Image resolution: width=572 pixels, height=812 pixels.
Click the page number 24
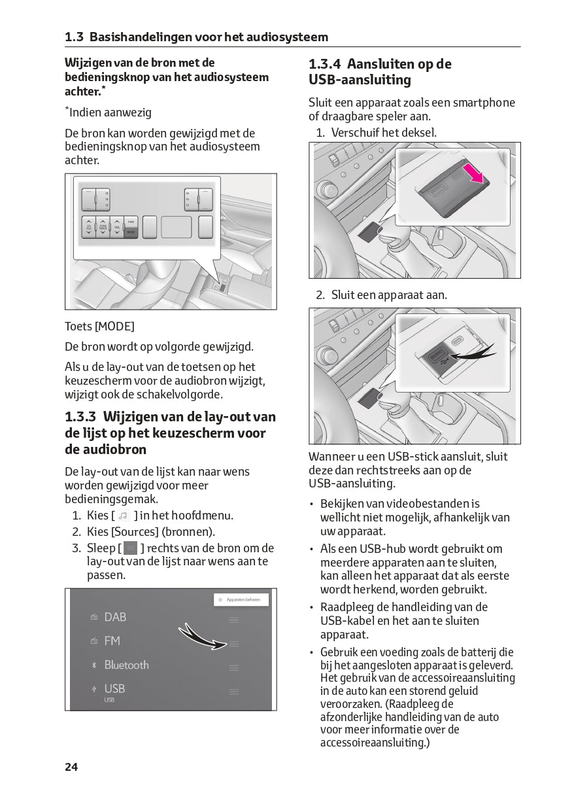[71, 766]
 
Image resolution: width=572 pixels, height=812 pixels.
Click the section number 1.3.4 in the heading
[325, 64]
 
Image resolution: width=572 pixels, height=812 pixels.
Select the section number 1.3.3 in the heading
[81, 417]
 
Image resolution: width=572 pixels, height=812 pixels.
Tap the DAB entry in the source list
[115, 617]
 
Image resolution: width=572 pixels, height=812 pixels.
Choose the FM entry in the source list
[112, 641]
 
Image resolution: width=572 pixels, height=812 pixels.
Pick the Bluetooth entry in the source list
[126, 665]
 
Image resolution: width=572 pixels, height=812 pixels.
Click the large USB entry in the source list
[114, 688]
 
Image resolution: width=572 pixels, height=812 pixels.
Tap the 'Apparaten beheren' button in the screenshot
[241, 599]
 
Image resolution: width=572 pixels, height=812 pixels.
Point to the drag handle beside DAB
[234, 620]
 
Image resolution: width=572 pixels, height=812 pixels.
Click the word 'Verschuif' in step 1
[354, 132]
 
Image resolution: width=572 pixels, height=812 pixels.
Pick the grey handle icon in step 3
[131, 548]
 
